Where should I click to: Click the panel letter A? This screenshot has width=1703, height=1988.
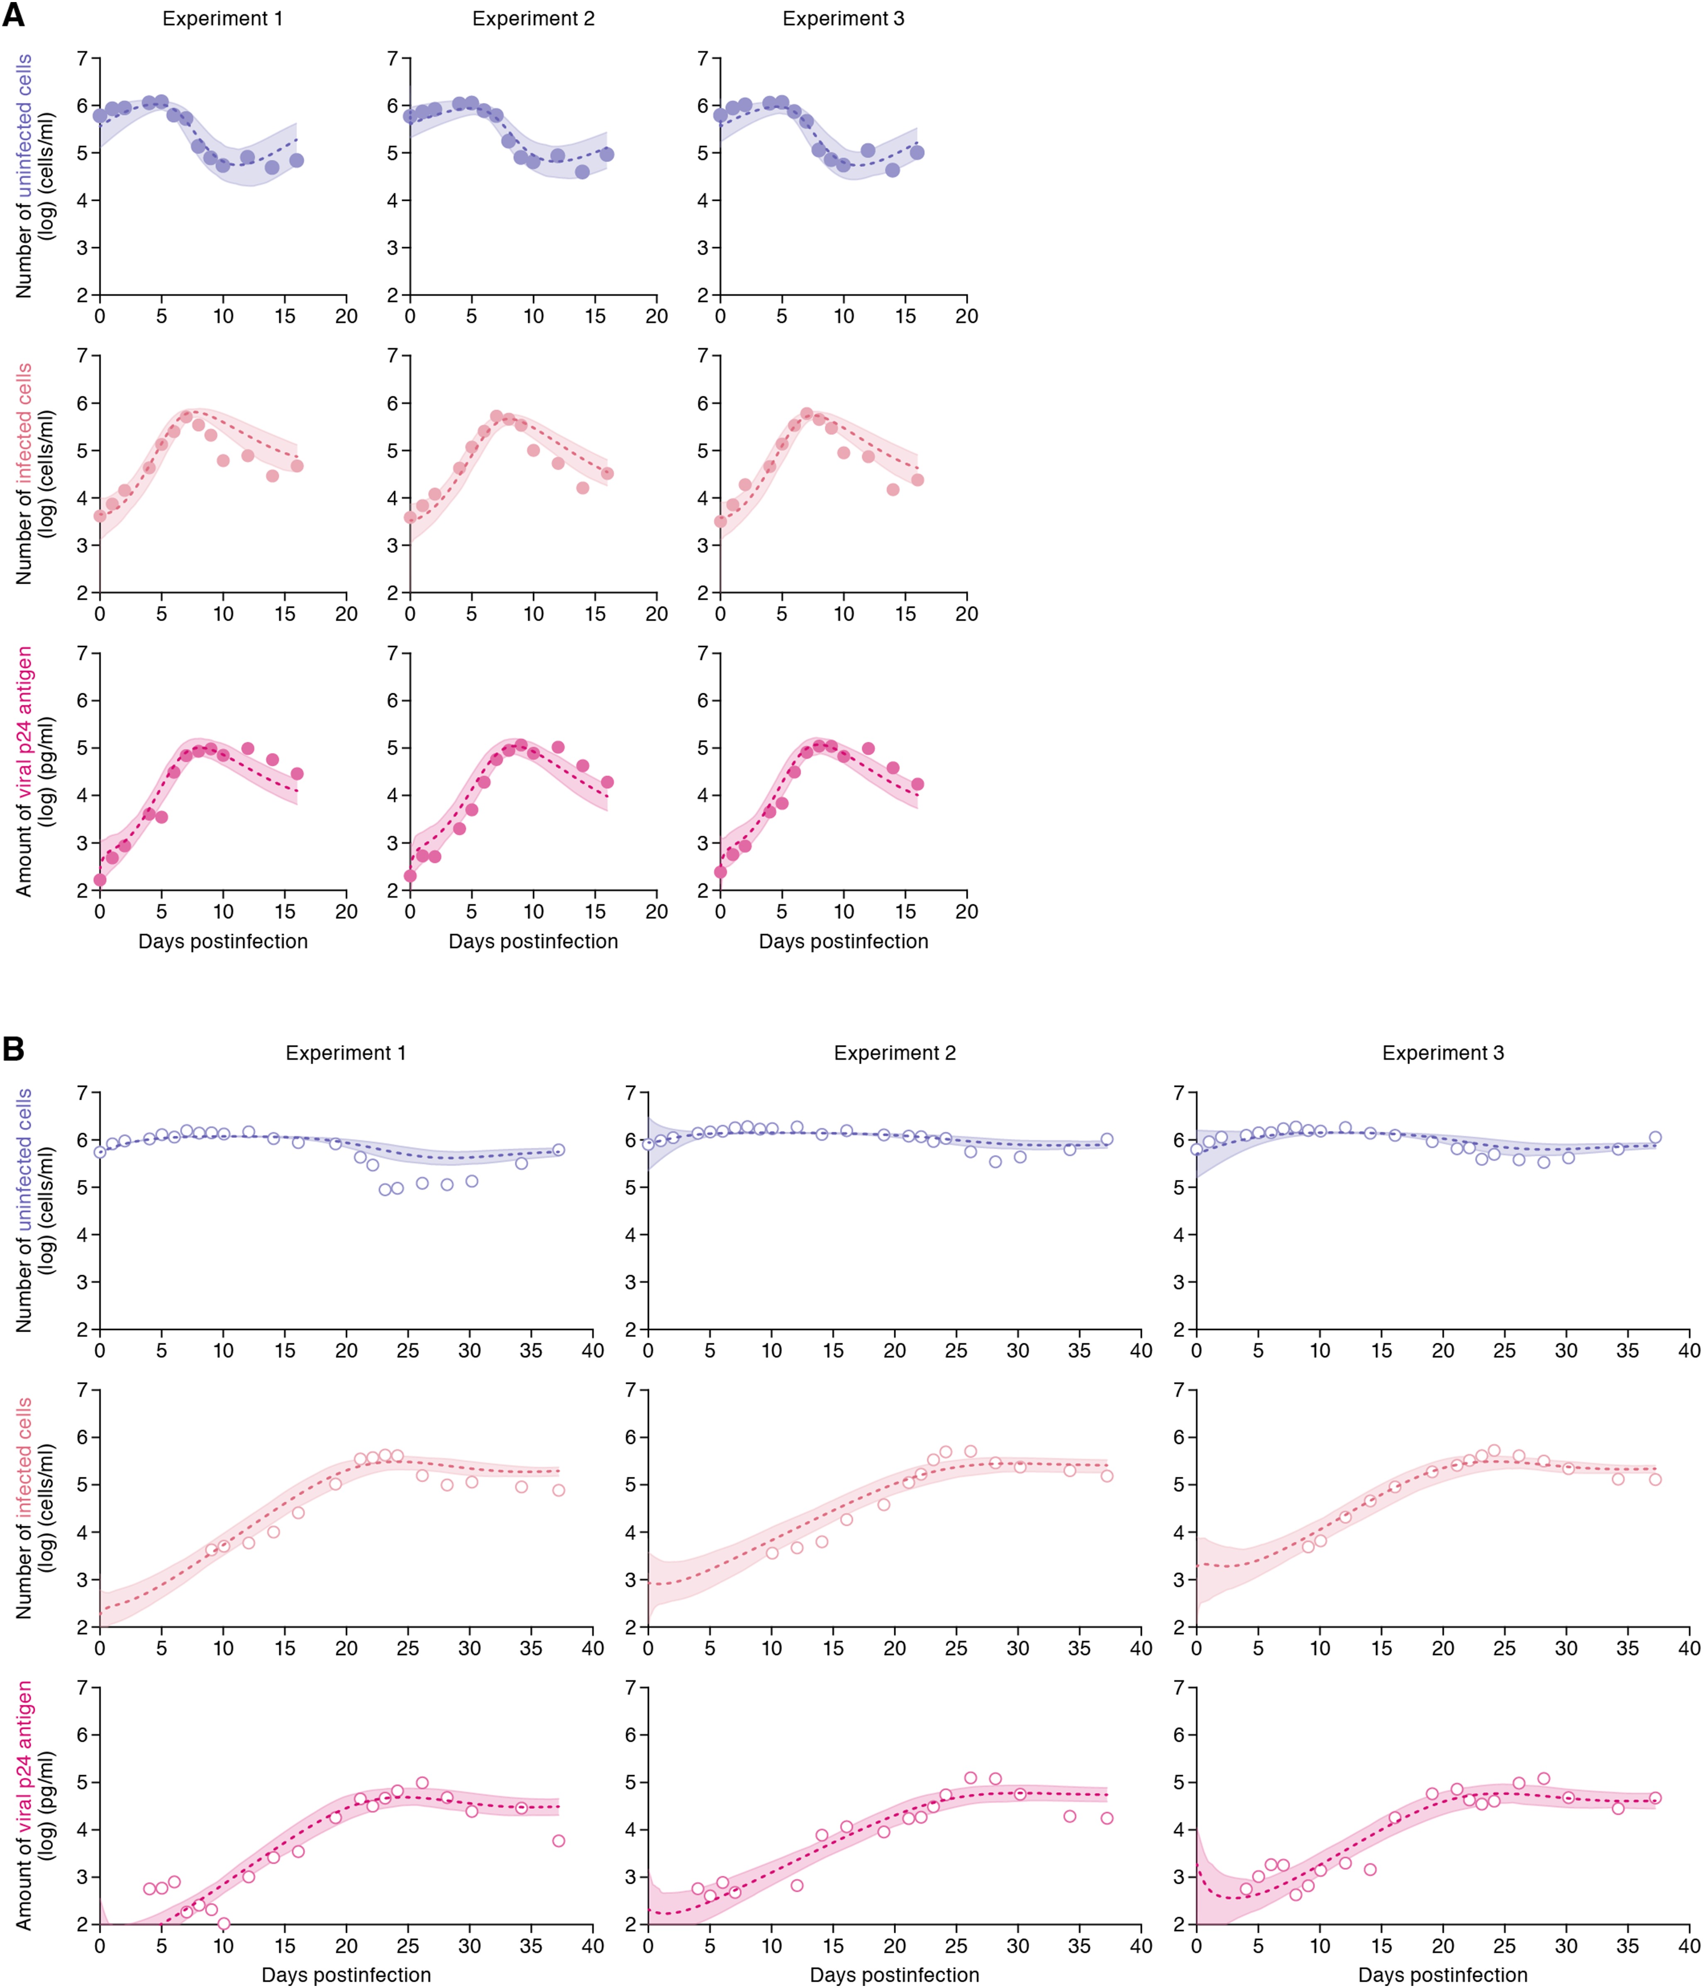pos(13,16)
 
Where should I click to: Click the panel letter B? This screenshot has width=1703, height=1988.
pos(13,1049)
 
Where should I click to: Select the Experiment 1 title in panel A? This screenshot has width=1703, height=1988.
pos(222,19)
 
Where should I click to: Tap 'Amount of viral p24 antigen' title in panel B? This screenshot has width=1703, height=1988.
pos(24,1804)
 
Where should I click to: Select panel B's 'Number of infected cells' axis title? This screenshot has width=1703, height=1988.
pos(24,1506)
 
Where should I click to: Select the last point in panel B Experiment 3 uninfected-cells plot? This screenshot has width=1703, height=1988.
pos(1655,1138)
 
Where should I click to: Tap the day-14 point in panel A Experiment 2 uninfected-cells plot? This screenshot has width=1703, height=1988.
pos(582,172)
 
